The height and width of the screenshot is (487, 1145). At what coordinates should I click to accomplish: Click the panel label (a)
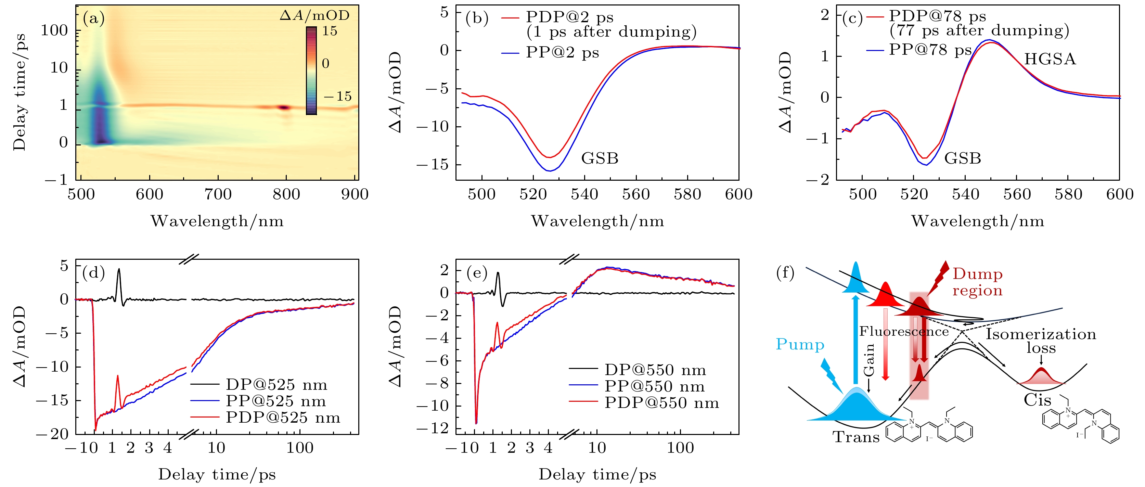tap(93, 19)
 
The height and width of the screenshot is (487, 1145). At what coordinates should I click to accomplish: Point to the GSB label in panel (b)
tap(600, 158)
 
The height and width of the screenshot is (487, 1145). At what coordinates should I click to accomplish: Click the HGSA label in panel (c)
tap(1050, 59)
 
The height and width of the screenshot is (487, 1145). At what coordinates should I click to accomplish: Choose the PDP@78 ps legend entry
tap(937, 16)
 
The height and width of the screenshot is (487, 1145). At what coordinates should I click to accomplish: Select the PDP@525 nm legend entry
tap(283, 418)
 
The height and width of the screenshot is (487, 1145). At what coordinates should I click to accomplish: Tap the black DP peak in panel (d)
tap(119, 271)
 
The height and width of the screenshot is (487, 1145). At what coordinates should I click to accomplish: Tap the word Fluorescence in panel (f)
tap(904, 332)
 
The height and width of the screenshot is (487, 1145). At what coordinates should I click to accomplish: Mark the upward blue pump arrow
tap(855, 338)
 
